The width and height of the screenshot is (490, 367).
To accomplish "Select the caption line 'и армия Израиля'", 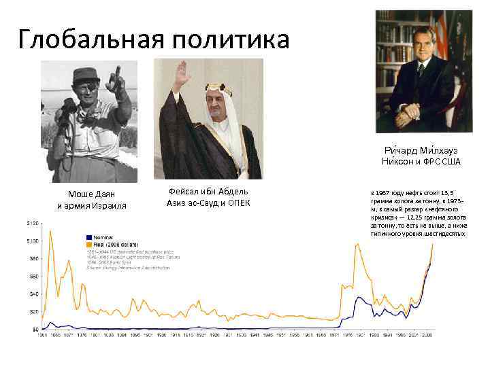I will click(91, 206).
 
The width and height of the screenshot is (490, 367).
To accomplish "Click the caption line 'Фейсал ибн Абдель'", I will click(208, 192).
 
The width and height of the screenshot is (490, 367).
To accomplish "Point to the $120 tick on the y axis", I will click(33, 223).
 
